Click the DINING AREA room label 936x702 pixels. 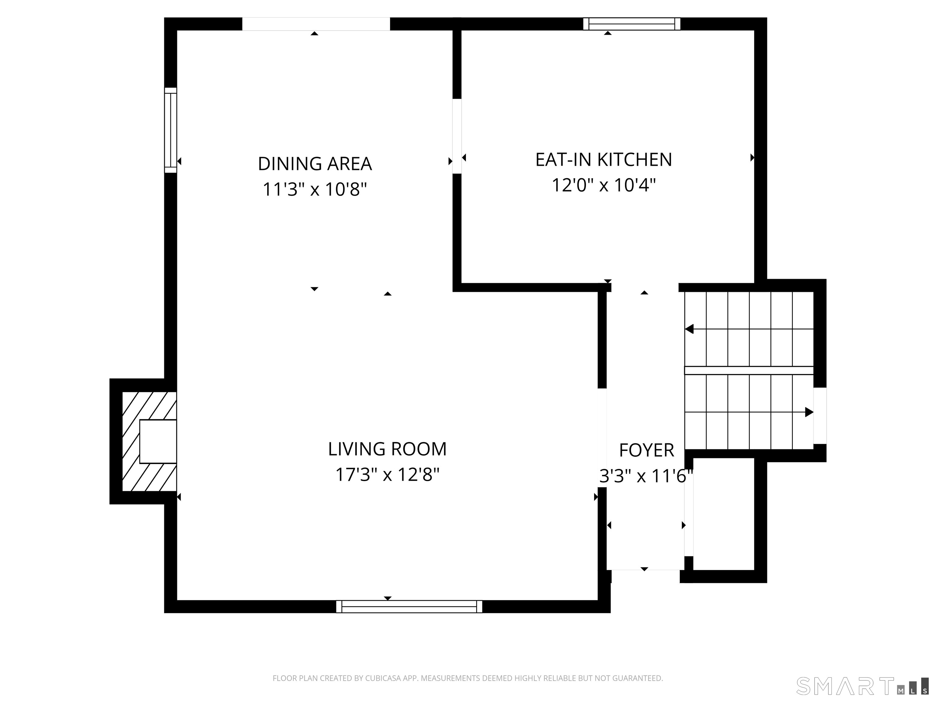[x=314, y=164]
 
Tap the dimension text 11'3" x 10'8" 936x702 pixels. [x=314, y=189]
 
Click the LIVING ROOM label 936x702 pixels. [x=387, y=449]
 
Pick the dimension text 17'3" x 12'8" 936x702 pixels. [x=387, y=474]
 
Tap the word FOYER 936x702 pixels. [x=646, y=450]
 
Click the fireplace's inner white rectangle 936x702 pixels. [x=158, y=441]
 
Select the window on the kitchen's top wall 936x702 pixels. [x=631, y=24]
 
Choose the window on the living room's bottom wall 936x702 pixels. [x=409, y=606]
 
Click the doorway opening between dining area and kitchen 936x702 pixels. [x=457, y=136]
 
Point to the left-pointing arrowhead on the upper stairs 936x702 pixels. [x=689, y=329]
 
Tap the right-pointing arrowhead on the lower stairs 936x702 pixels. [x=809, y=412]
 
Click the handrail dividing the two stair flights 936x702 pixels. [x=749, y=370]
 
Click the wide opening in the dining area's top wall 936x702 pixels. [x=316, y=24]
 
